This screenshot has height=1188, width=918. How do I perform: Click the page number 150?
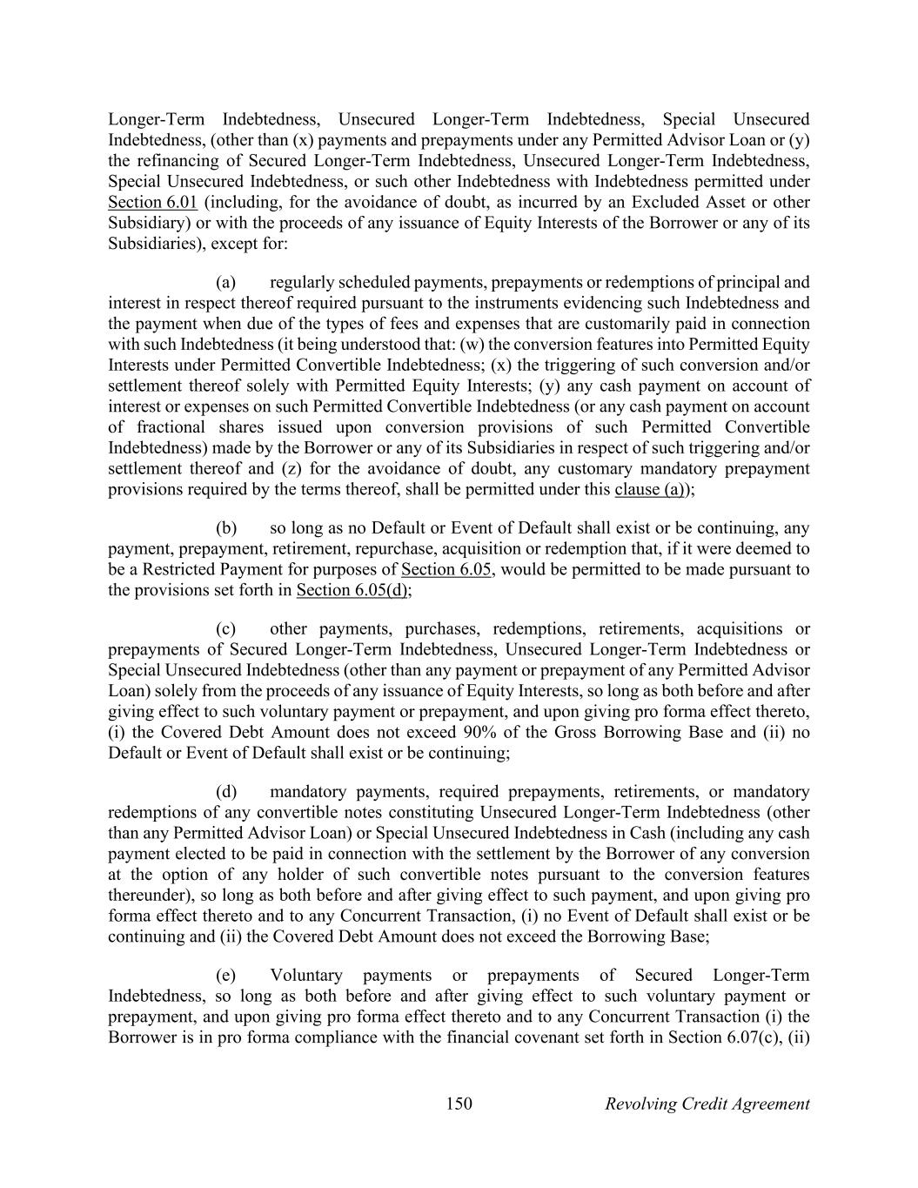click(459, 1104)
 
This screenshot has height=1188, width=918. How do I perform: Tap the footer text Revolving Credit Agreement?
click(707, 1104)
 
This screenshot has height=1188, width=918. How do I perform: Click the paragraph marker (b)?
click(226, 528)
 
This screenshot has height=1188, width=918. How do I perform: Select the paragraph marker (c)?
click(226, 628)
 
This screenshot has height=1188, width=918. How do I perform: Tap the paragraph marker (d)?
click(226, 792)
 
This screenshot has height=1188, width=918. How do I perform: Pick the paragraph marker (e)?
click(226, 976)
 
